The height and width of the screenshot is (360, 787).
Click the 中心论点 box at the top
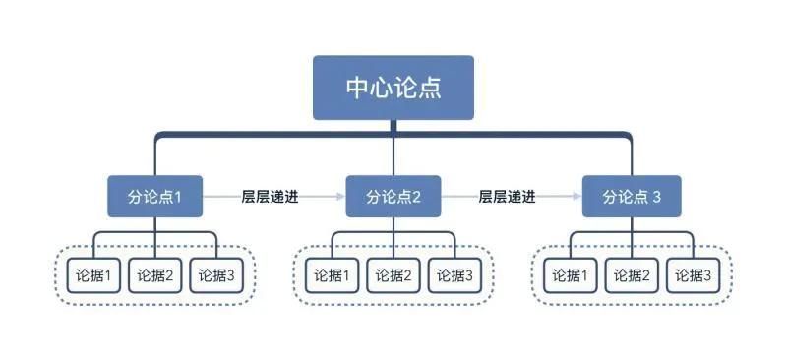[393, 87]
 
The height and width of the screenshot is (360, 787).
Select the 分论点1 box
[155, 197]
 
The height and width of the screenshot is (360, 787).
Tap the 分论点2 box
[393, 197]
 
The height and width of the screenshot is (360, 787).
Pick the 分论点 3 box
[631, 197]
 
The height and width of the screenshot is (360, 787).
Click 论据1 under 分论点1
[94, 276]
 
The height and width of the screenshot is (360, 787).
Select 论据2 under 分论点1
[155, 276]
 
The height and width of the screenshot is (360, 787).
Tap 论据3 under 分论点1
[216, 276]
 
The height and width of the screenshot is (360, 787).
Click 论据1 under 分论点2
[332, 276]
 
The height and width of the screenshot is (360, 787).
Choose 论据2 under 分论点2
[393, 276]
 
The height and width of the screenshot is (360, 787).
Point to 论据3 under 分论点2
[454, 276]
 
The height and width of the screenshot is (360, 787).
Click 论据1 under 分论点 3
[570, 276]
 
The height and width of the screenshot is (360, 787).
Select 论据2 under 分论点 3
[631, 276]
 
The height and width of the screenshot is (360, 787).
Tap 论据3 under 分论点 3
[692, 276]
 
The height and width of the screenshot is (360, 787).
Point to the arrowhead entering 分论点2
[340, 197]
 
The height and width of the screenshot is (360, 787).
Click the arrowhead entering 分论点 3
[577, 197]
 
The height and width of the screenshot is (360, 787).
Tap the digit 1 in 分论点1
[178, 197]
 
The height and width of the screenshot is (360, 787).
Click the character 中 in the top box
[357, 87]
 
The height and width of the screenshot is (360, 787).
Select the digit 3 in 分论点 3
[657, 197]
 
